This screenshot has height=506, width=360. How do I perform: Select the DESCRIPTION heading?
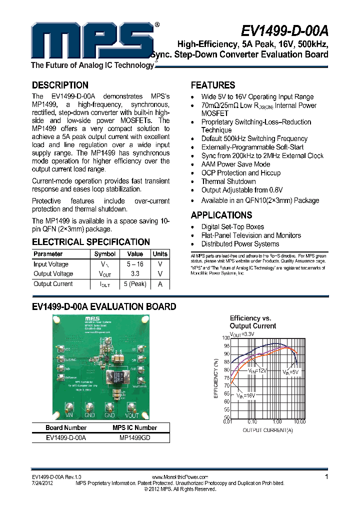click(x=60, y=85)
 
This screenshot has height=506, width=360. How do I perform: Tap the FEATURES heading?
click(x=213, y=85)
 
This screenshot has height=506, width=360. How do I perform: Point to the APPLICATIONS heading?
click(x=221, y=215)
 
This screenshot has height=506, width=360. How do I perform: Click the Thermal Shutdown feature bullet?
click(x=228, y=181)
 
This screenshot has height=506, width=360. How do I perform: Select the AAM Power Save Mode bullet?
click(x=235, y=164)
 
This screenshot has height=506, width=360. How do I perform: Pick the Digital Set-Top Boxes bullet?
click(x=232, y=227)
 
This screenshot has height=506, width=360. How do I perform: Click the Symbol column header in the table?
click(x=105, y=254)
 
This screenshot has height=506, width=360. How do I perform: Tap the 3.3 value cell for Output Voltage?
click(x=135, y=274)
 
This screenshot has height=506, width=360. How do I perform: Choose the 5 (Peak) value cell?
click(x=135, y=284)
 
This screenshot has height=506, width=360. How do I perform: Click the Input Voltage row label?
click(x=51, y=264)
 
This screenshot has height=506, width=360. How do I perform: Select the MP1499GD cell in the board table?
click(x=135, y=437)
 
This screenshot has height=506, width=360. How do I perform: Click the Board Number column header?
click(x=66, y=428)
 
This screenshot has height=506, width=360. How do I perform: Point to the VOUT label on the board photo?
click(x=131, y=415)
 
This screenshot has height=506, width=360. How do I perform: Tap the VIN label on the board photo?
click(x=70, y=415)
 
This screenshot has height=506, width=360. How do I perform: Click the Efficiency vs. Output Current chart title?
click(x=252, y=322)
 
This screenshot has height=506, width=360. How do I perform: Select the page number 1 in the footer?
click(x=326, y=477)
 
